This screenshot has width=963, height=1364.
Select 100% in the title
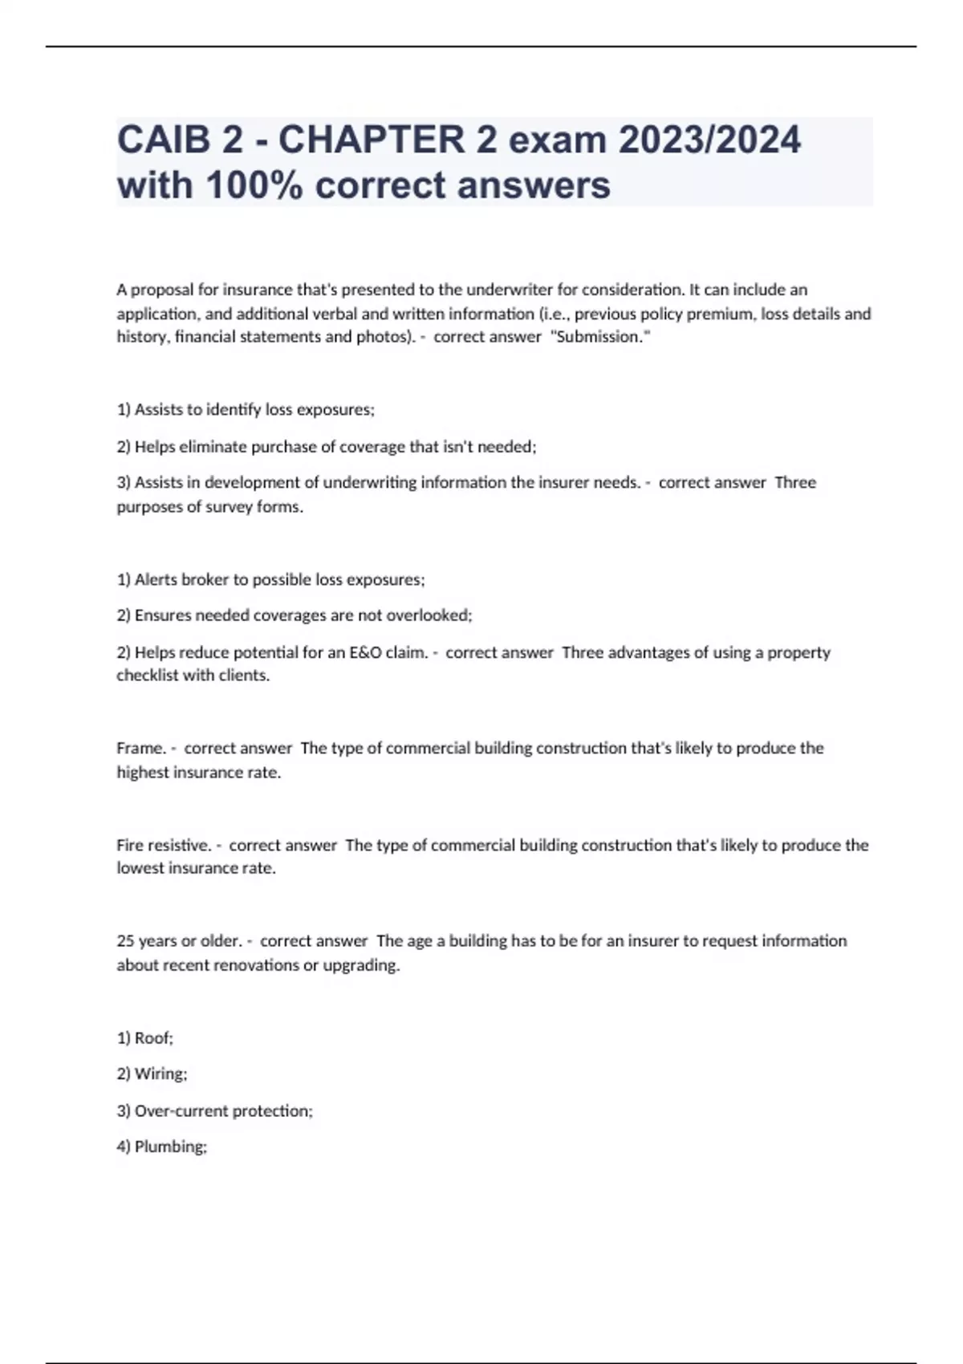[255, 185]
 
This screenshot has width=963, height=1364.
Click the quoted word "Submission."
[599, 337]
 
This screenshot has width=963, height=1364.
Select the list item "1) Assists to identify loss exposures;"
[246, 410]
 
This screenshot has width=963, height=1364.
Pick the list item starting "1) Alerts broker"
[270, 579]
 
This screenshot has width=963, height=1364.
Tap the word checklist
[148, 676]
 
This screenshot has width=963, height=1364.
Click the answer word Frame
[140, 749]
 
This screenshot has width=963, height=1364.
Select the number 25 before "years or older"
[125, 941]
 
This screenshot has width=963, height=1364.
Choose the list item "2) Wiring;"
[152, 1074]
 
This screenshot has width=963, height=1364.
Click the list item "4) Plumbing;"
[161, 1147]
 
